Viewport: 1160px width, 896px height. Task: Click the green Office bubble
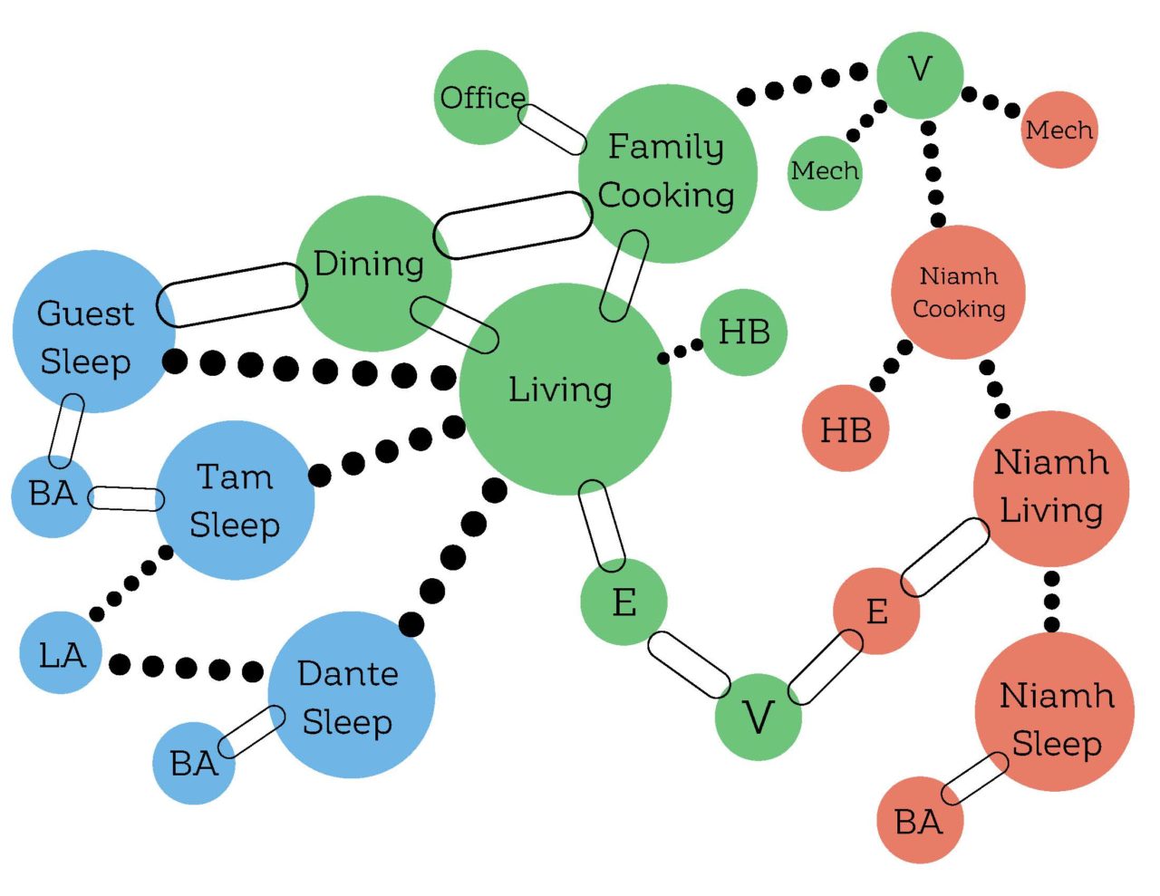481,97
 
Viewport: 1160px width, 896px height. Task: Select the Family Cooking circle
667,173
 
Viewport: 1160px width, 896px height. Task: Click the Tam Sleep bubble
235,500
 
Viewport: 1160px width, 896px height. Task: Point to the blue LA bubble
61,653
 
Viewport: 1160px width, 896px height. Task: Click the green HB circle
743,332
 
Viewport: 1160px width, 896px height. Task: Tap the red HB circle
846,429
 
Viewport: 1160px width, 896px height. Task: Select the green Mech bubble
825,171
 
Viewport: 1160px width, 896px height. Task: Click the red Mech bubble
1058,130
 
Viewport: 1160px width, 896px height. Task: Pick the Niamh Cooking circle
958,292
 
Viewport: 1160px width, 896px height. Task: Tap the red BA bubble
919,821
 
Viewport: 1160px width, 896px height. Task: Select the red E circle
876,611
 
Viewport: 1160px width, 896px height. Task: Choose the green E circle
623,602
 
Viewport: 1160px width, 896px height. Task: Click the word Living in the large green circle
560,390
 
